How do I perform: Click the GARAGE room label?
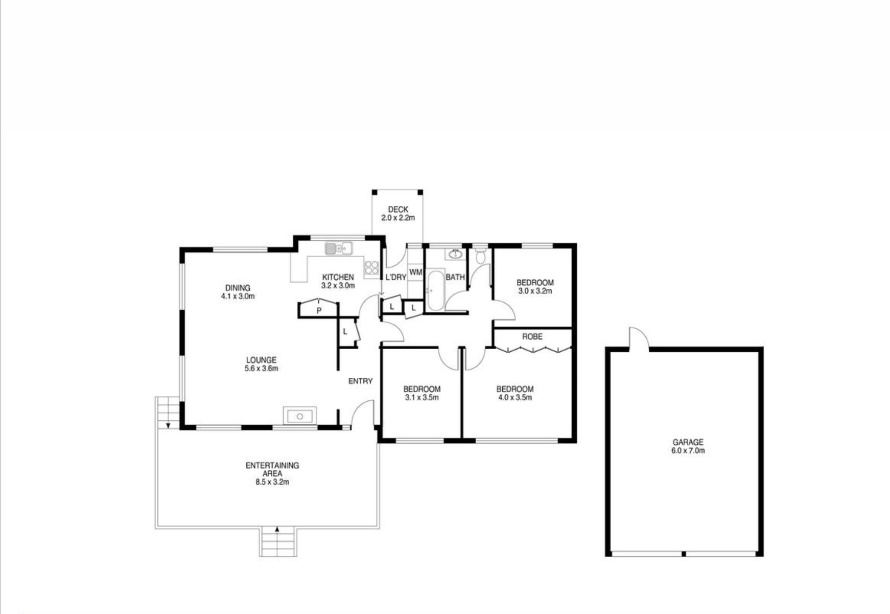688,442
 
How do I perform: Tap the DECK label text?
398,210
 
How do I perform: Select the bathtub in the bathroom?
436,290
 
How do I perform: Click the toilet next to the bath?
480,256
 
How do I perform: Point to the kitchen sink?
339,249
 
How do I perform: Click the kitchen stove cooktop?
371,267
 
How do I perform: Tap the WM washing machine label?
416,272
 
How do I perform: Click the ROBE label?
532,336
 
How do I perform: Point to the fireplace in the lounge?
300,416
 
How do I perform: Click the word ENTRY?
361,381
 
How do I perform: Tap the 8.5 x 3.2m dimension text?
272,482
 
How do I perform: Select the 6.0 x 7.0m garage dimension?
688,450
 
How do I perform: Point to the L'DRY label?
396,277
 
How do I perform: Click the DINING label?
238,288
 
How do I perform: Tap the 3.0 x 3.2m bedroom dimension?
535,291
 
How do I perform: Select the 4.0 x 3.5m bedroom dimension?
515,397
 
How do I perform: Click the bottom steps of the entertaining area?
277,541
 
